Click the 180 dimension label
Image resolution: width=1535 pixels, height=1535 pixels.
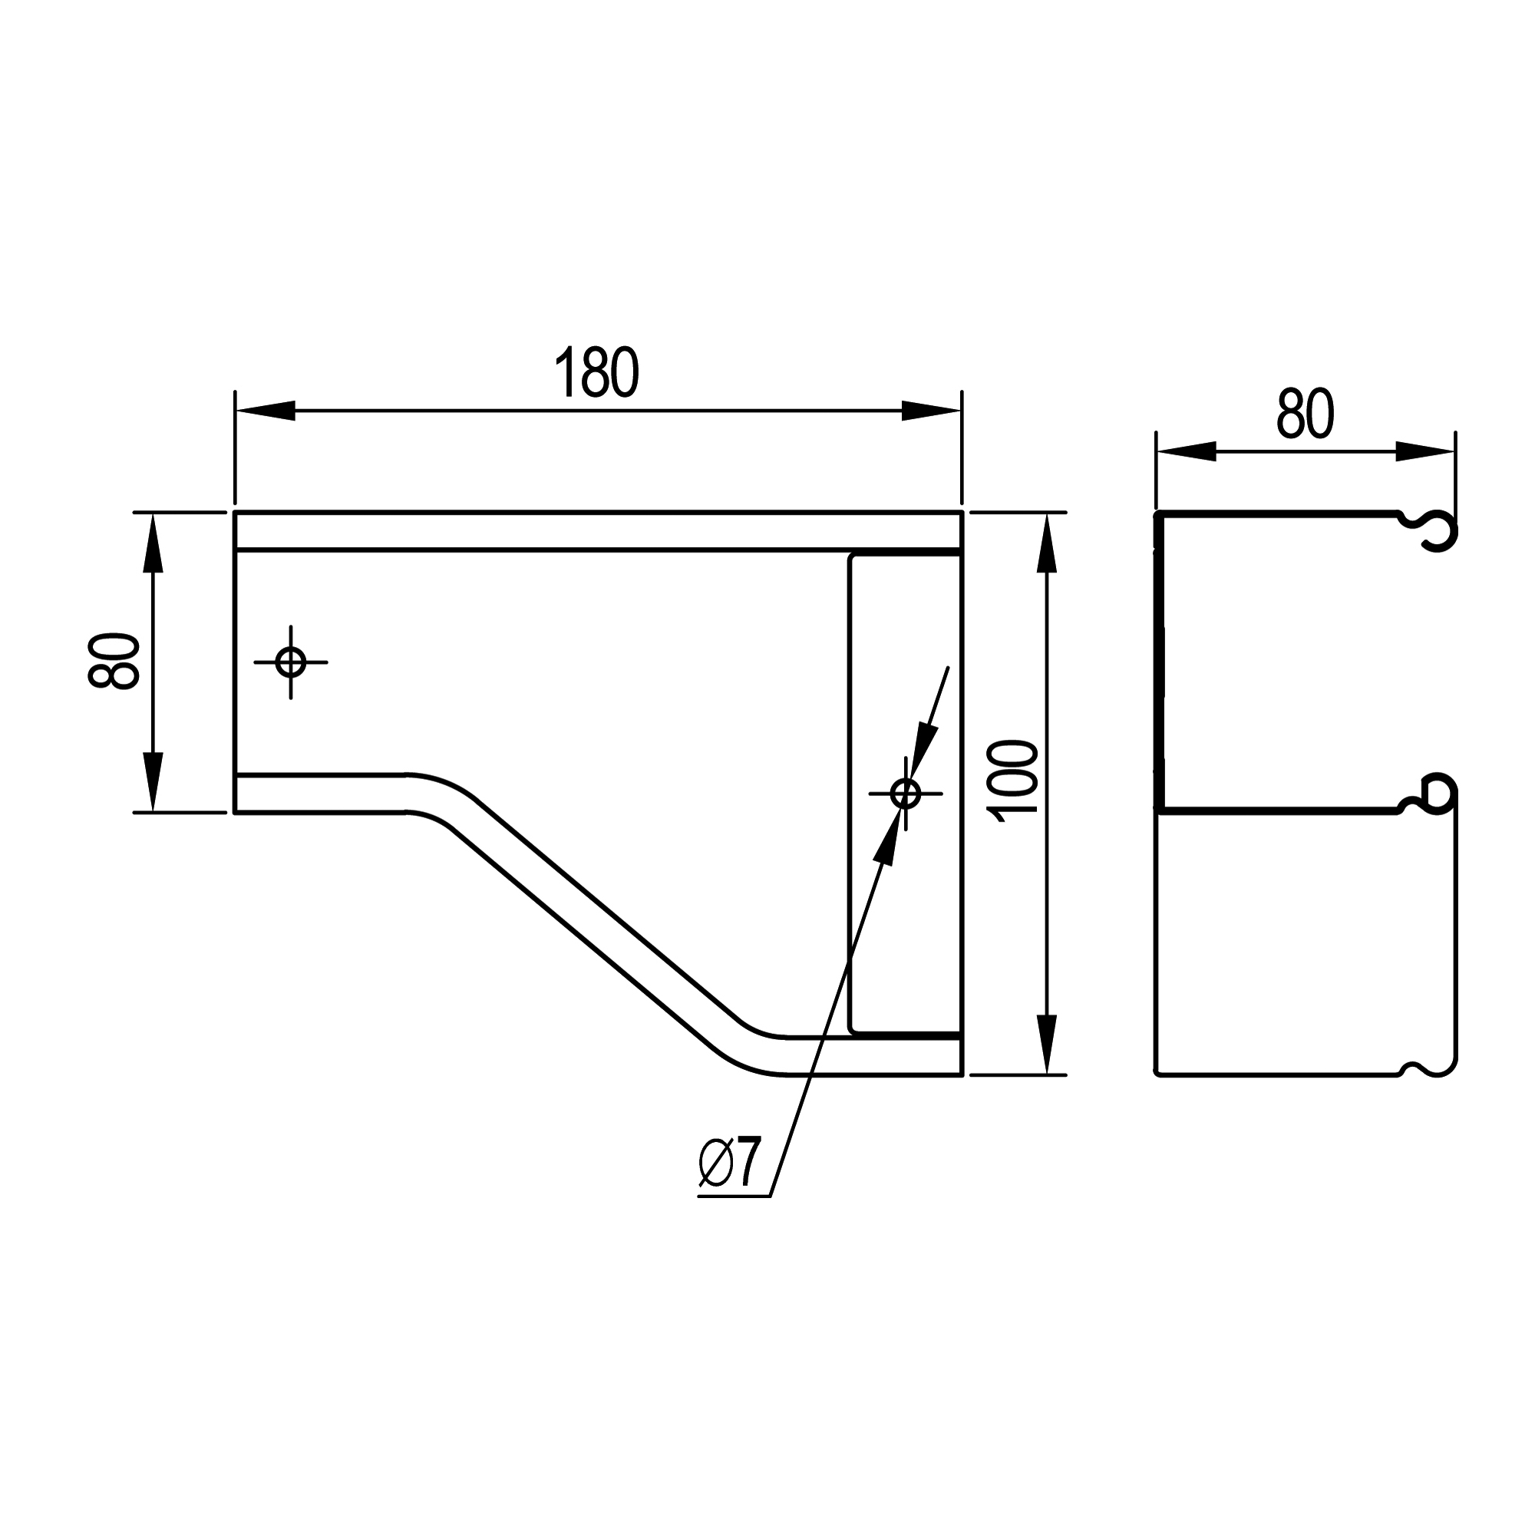click(x=596, y=371)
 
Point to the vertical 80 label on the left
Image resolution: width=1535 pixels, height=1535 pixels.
click(x=114, y=661)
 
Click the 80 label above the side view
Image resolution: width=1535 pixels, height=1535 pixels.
click(x=1305, y=414)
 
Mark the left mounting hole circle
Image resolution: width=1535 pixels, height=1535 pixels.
click(x=291, y=662)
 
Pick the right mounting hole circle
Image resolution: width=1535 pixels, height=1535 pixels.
click(x=906, y=793)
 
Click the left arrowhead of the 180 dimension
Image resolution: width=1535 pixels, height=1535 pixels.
click(x=266, y=411)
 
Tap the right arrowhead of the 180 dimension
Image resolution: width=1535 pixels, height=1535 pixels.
click(x=931, y=411)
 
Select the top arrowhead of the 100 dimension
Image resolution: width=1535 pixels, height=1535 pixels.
click(x=1047, y=543)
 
